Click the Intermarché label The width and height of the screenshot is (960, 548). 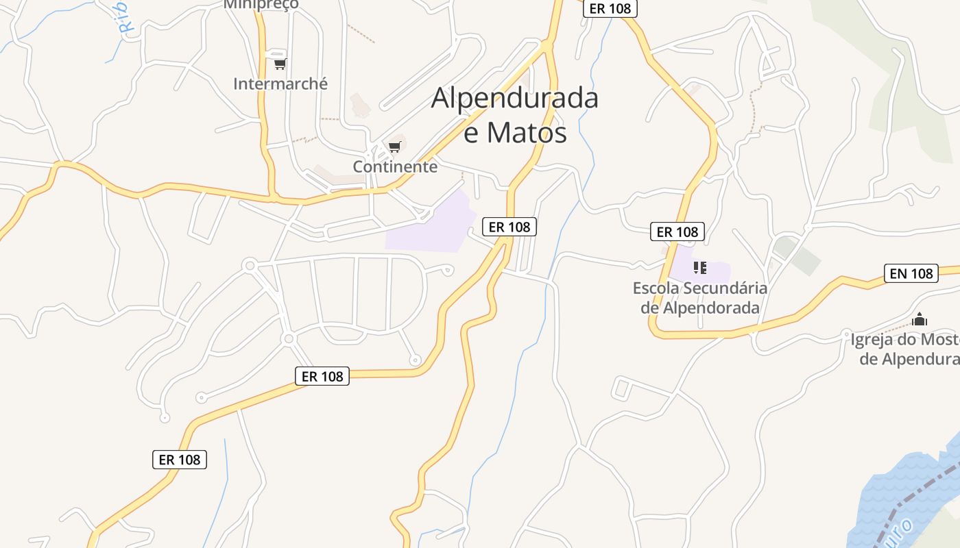(280, 84)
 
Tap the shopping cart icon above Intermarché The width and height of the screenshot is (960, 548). (279, 64)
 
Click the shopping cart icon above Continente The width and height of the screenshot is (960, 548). (394, 147)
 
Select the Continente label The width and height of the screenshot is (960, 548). (395, 166)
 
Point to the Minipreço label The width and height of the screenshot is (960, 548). (261, 4)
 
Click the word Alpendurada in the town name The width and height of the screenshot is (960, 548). (514, 99)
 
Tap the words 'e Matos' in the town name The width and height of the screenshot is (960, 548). (515, 133)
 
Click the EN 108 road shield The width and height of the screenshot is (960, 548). (911, 273)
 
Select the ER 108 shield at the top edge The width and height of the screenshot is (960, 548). (610, 9)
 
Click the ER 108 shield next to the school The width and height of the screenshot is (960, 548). (677, 232)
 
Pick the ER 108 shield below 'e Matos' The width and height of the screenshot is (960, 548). (509, 227)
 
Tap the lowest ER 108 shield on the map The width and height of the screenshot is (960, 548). (180, 460)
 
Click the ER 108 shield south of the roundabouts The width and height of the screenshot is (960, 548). (322, 376)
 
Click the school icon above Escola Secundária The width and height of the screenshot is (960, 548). (699, 267)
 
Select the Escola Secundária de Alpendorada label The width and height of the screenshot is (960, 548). (700, 298)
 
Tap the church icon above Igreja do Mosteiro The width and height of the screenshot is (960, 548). (920, 319)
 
